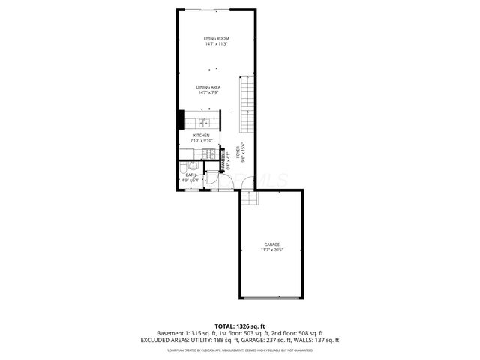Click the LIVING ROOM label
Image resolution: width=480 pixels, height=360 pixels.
point(216,38)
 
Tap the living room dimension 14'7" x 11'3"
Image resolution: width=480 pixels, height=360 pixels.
point(216,44)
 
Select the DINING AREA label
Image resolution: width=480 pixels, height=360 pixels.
point(209,87)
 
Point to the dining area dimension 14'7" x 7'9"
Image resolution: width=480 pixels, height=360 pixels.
point(209,93)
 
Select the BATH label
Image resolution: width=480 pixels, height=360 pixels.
point(190,175)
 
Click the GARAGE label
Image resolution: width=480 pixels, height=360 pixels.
point(271,244)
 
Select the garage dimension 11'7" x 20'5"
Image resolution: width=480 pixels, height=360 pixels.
point(271,250)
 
